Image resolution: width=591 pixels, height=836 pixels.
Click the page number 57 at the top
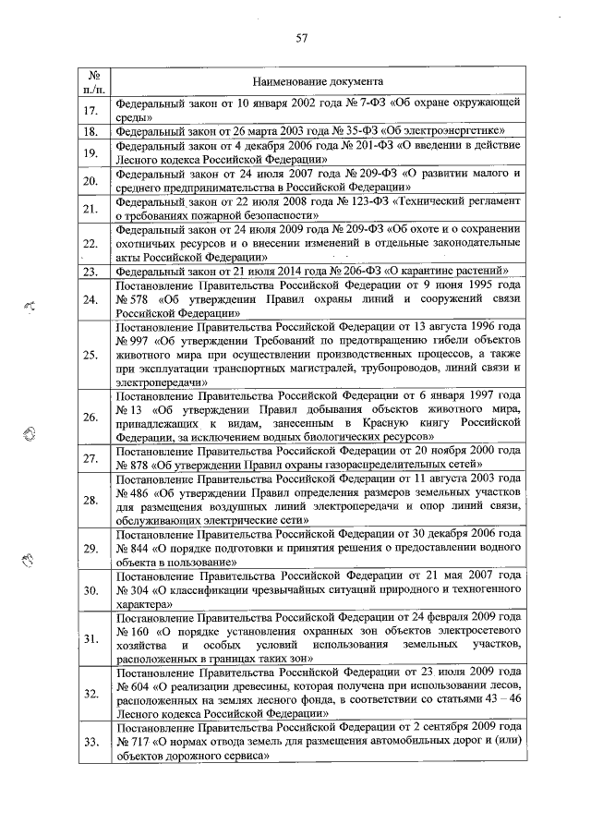301,38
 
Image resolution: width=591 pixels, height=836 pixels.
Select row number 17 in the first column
90,111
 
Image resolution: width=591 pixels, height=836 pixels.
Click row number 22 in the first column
90,244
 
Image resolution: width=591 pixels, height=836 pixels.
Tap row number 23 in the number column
90,272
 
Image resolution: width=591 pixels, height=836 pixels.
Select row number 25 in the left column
90,355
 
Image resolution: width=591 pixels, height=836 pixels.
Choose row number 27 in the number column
90,459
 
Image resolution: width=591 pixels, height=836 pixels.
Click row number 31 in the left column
90,638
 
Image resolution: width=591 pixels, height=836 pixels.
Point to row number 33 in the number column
90,742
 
